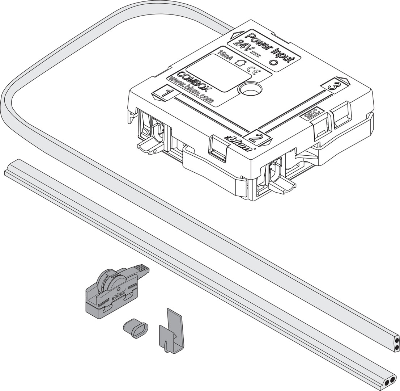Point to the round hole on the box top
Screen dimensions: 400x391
click(250, 89)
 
